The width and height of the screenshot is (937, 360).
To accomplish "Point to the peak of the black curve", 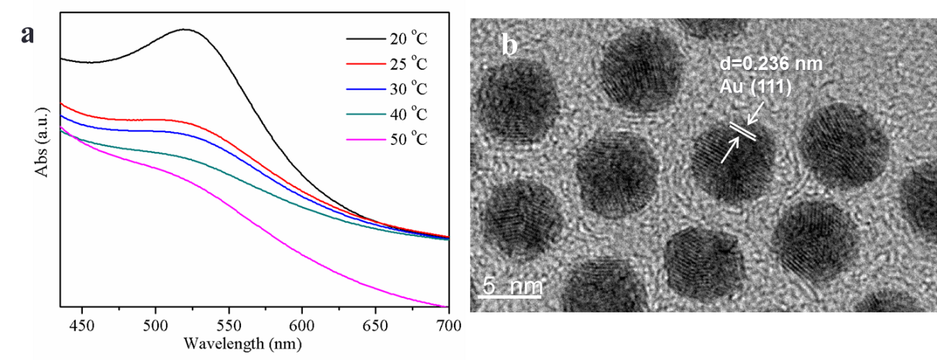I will tap(185, 30).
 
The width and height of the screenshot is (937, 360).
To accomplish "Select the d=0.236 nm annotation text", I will tap(771, 63).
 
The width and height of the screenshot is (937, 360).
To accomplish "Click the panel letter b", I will tap(509, 46).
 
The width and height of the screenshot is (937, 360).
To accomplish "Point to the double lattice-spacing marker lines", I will tap(742, 132).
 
